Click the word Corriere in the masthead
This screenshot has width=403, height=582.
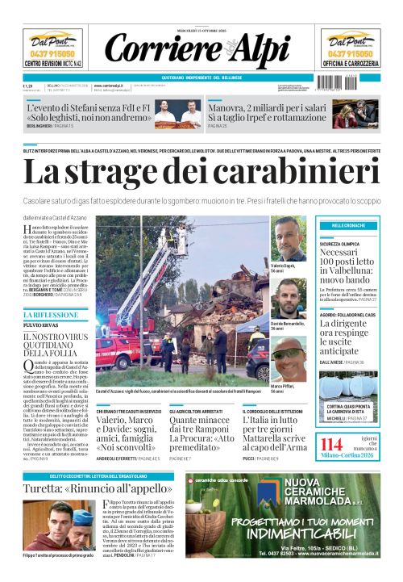point(154,50)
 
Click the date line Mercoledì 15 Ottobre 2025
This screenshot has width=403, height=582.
point(201,31)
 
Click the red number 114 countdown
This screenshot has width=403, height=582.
point(332,445)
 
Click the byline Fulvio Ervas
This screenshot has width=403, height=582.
point(39,326)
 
